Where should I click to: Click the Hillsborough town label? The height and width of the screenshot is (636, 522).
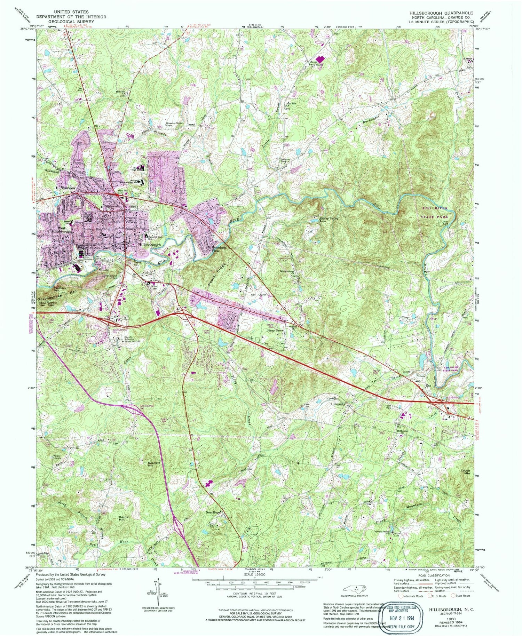(x=150, y=245)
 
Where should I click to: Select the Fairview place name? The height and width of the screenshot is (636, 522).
(x=69, y=188)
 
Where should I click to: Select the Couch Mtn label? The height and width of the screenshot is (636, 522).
(x=465, y=472)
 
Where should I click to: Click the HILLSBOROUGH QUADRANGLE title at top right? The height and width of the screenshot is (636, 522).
(x=441, y=13)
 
